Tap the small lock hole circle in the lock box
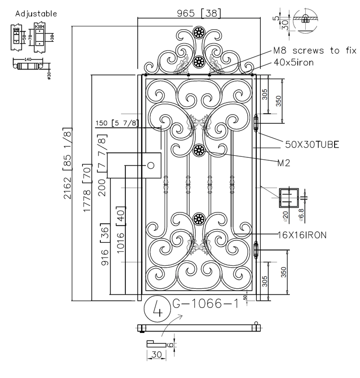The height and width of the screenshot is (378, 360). point(150,165)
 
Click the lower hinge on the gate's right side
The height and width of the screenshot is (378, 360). point(255,249)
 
